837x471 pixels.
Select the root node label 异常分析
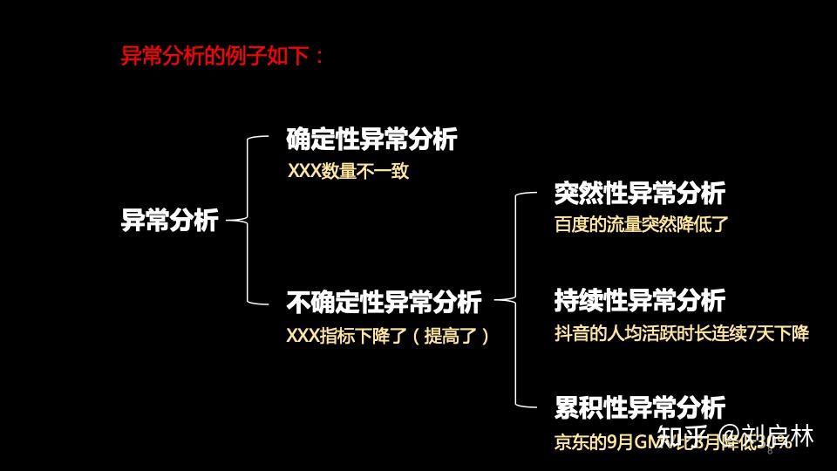pyautogui.click(x=169, y=221)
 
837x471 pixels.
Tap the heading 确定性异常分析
pyautogui.click(x=371, y=140)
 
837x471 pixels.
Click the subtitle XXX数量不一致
pyautogui.click(x=348, y=171)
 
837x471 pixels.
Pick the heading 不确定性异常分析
pyautogui.click(x=384, y=303)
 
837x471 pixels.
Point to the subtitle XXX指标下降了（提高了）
pyautogui.click(x=388, y=335)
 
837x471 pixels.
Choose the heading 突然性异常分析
pyautogui.click(x=640, y=193)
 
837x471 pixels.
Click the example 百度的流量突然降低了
pyautogui.click(x=641, y=224)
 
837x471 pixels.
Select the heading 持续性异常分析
pyautogui.click(x=640, y=301)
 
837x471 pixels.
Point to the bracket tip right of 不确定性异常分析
pyautogui.click(x=499, y=302)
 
